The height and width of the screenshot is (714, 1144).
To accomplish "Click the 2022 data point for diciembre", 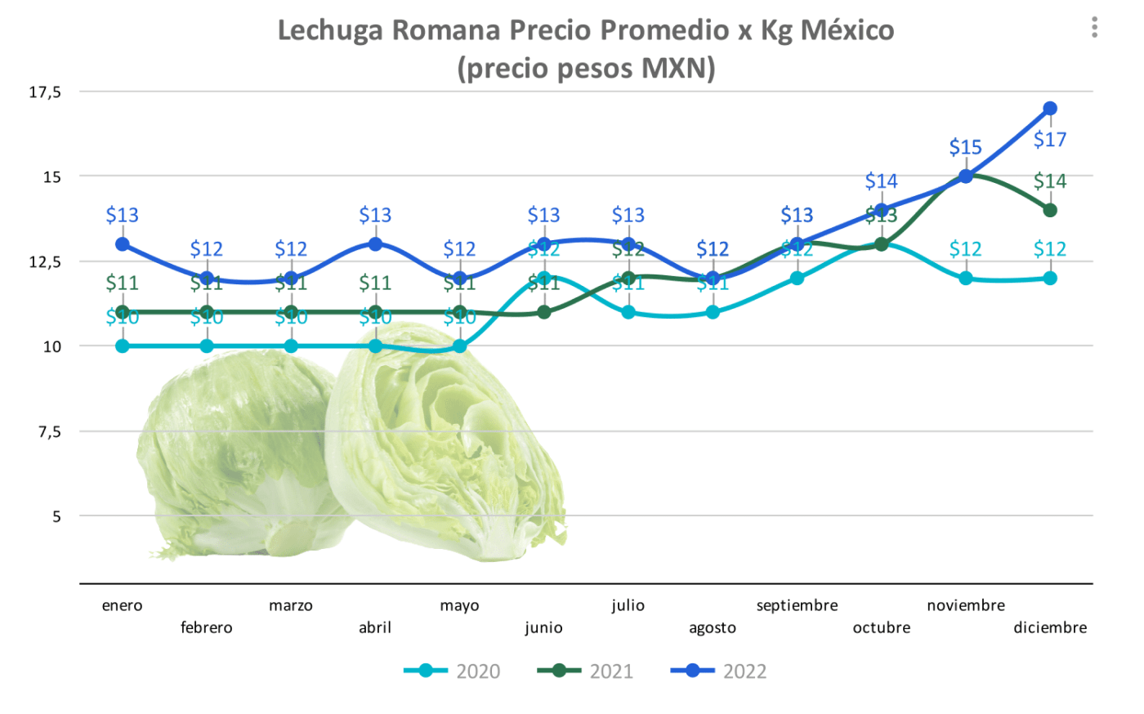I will [1050, 109].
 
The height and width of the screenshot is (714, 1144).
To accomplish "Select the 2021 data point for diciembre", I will [1050, 210].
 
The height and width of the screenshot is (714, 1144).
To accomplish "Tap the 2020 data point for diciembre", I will [1050, 278].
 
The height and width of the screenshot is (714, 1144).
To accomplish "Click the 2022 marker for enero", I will [123, 244].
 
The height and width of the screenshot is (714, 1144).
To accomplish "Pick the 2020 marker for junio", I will [544, 278].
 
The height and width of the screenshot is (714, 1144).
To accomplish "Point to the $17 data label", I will [1050, 140].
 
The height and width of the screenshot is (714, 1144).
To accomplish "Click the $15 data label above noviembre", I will [965, 148].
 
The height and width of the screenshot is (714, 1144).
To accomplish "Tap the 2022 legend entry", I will [719, 672].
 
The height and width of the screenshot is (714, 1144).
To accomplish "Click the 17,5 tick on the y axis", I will [45, 92].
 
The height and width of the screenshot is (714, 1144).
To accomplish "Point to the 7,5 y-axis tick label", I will [50, 431].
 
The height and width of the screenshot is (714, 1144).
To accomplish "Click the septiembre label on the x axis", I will [797, 605].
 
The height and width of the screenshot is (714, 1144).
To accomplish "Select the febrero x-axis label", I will [206, 627].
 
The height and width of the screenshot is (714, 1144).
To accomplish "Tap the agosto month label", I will [713, 627].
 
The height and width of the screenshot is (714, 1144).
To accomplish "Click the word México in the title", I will [847, 30].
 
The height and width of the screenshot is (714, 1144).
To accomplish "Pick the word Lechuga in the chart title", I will [331, 30].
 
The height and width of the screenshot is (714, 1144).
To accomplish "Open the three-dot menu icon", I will [1094, 28].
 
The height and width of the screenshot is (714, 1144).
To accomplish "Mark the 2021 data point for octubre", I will [881, 244].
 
